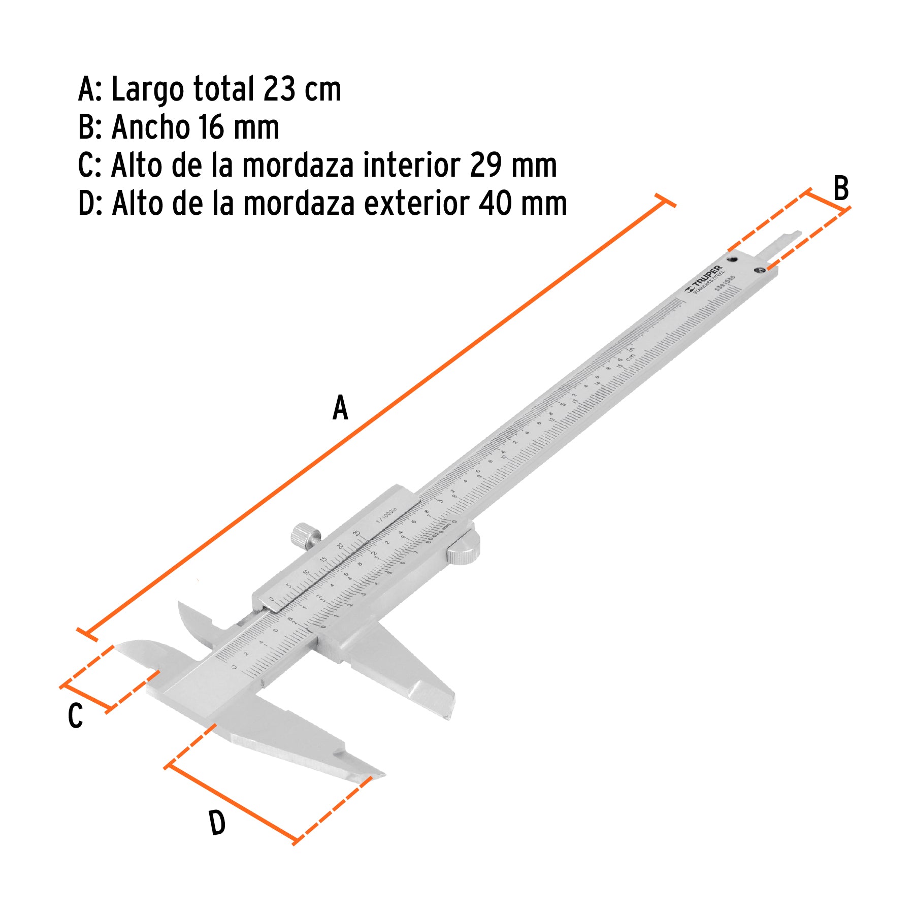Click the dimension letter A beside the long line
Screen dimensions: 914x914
[x=340, y=408]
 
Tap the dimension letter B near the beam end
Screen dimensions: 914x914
[x=841, y=188]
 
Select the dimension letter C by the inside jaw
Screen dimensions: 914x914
[x=75, y=716]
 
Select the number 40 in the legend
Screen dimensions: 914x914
[x=495, y=203]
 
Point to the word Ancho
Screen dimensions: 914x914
[x=150, y=127]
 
